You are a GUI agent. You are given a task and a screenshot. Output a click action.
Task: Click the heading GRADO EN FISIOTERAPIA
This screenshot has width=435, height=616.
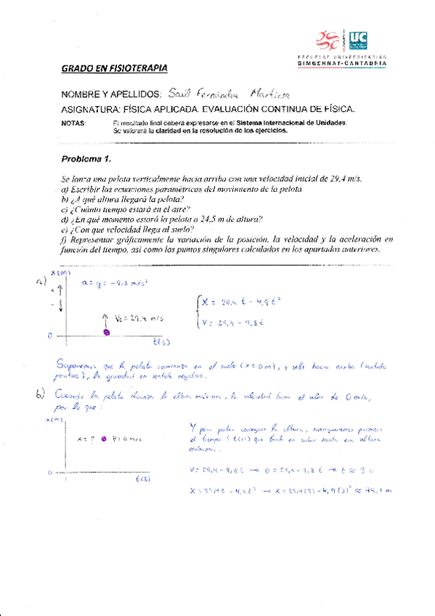[114, 69]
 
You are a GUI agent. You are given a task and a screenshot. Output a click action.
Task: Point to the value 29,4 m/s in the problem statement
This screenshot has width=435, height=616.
[345, 179]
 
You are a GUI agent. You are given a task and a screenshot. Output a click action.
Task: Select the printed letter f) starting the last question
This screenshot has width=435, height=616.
[64, 238]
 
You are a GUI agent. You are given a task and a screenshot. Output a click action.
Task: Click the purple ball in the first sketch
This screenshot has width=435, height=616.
[107, 331]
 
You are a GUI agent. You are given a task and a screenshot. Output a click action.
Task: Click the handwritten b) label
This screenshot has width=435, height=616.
[41, 394]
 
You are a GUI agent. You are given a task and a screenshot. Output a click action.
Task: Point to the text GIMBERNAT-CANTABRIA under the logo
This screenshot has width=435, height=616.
[342, 65]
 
